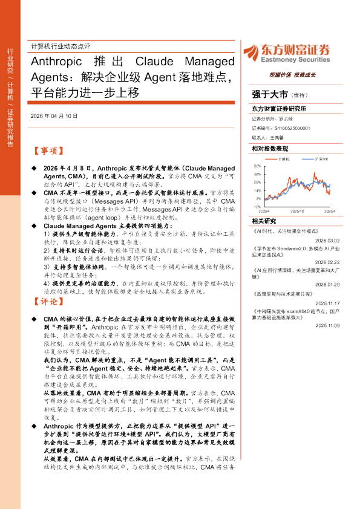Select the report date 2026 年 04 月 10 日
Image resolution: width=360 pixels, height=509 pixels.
[53, 115]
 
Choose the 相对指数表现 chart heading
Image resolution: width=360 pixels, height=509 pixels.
[269, 148]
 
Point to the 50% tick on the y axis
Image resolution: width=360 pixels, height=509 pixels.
[257, 165]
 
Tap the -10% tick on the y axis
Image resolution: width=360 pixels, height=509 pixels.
[257, 207]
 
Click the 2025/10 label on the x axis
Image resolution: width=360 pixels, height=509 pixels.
[296, 212]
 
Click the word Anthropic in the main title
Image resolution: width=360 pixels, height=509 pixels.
[55, 62]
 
